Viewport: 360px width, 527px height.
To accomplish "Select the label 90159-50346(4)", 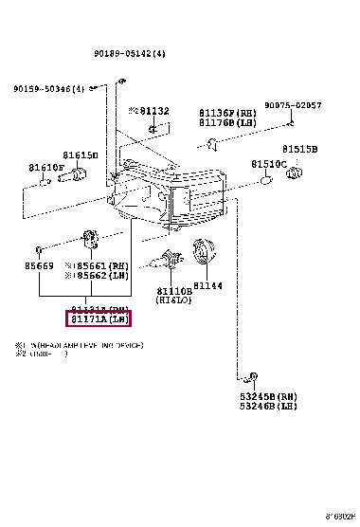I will coord(49,89).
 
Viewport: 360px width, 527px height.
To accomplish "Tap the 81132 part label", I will coord(152,111).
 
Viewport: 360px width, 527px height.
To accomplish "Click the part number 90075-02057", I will coord(293,105).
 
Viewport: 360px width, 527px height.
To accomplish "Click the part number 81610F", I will coord(47,167).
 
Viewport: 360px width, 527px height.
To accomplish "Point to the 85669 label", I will coord(40,267).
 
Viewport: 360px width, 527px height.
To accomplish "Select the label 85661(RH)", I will coord(100,267).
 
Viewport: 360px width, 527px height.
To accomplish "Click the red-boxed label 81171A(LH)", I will coord(99,319).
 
